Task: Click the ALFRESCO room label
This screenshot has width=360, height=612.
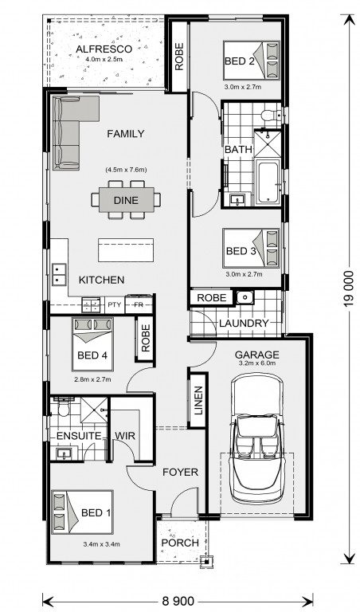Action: coord(104,49)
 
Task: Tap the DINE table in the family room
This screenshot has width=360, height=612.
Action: coord(126,200)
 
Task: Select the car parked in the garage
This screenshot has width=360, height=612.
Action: coord(256,438)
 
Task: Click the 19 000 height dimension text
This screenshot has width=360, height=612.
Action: coord(349,288)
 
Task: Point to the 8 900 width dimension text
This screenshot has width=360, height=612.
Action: coord(178,600)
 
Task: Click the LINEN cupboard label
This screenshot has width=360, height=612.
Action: coord(198,401)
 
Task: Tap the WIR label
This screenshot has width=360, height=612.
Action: coord(125,436)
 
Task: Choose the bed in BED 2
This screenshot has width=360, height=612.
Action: coord(252,61)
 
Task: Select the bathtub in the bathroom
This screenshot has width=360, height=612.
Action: coord(268,182)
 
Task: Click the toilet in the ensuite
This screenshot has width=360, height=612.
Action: coord(62,407)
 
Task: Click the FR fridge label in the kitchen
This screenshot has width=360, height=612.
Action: coord(139,305)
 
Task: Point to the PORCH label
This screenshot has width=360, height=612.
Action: coord(180,543)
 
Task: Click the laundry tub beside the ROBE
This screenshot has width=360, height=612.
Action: coord(245,297)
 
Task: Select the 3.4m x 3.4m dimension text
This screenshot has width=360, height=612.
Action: coord(101,544)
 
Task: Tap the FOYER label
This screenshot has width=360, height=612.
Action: coord(180,473)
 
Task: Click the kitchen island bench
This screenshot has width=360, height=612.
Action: coord(126,249)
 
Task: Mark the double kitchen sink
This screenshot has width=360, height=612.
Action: coord(59,274)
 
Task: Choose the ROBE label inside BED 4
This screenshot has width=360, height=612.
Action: coord(146,339)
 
